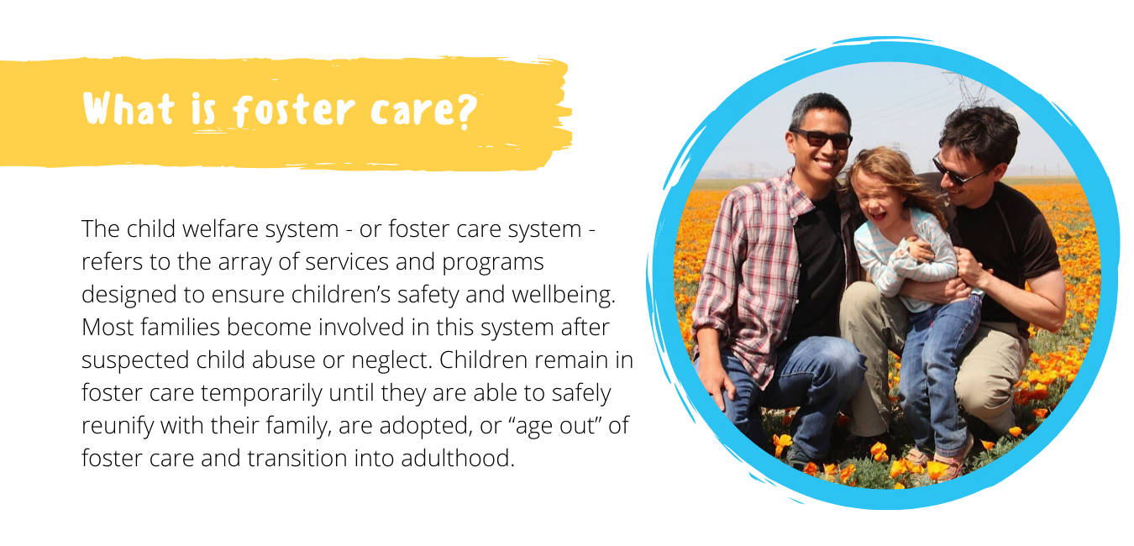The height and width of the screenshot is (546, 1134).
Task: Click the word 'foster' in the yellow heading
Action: click(294, 110)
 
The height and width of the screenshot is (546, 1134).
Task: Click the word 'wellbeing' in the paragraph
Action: click(563, 295)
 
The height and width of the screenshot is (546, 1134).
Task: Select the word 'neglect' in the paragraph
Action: click(390, 360)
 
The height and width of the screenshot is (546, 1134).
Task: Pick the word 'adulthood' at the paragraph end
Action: click(458, 459)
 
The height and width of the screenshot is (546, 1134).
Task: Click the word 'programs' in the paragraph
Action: click(492, 263)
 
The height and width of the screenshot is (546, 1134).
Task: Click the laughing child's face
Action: click(879, 200)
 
